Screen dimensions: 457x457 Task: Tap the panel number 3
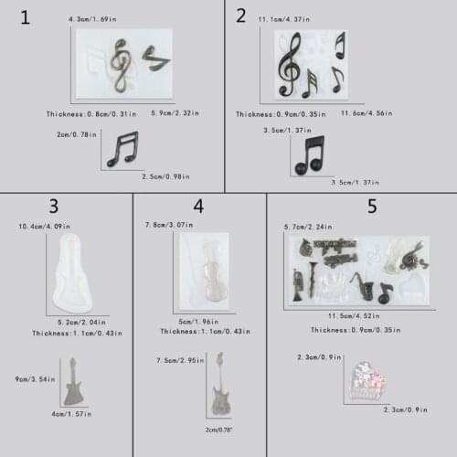point(53,207)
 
